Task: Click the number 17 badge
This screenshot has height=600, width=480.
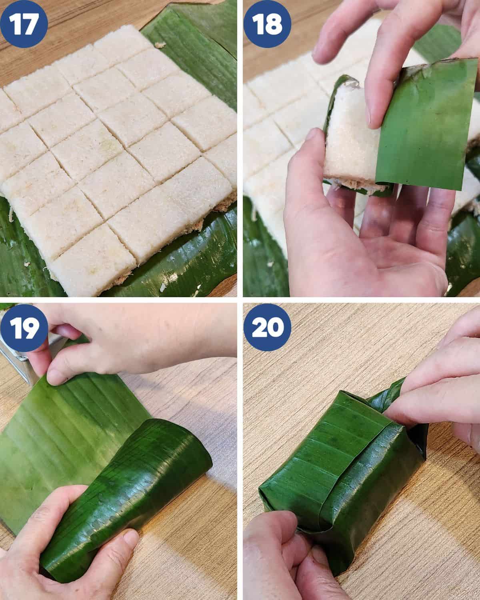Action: coord(24,24)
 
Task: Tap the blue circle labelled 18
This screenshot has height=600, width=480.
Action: coord(267,24)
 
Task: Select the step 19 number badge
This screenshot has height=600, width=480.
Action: coord(24,328)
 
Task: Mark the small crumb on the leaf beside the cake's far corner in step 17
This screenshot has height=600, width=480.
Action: coord(160,44)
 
